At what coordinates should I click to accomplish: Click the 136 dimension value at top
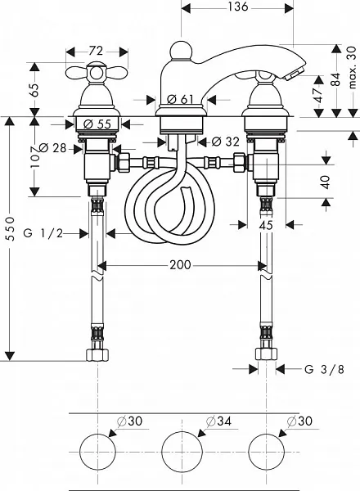[237, 7]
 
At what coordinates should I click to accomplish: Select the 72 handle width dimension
[96, 51]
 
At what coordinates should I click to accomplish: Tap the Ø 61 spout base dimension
[180, 99]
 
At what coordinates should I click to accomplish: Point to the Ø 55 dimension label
[97, 124]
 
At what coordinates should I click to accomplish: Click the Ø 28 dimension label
[53, 147]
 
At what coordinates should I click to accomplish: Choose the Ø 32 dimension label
[225, 142]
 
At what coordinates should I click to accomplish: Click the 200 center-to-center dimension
[180, 265]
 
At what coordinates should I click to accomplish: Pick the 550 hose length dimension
[11, 228]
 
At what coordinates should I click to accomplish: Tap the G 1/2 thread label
[43, 233]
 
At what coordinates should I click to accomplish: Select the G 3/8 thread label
[324, 370]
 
